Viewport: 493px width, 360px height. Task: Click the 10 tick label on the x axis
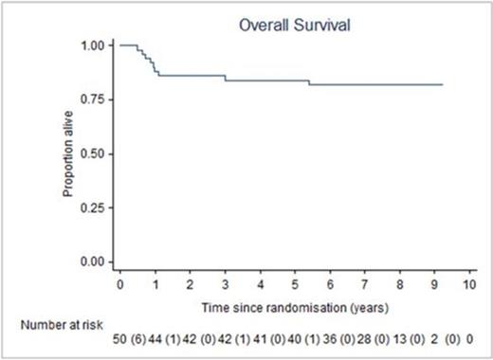point(468,283)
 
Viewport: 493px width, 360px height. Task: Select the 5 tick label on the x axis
point(295,283)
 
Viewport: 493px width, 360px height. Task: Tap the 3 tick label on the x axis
point(225,283)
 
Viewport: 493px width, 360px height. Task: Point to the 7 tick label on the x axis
point(365,283)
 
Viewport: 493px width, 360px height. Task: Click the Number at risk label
point(47,324)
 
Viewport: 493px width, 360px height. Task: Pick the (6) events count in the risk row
point(138,338)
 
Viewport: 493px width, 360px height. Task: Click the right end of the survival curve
point(442,84)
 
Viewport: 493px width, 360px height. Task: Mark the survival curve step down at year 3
point(225,78)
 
